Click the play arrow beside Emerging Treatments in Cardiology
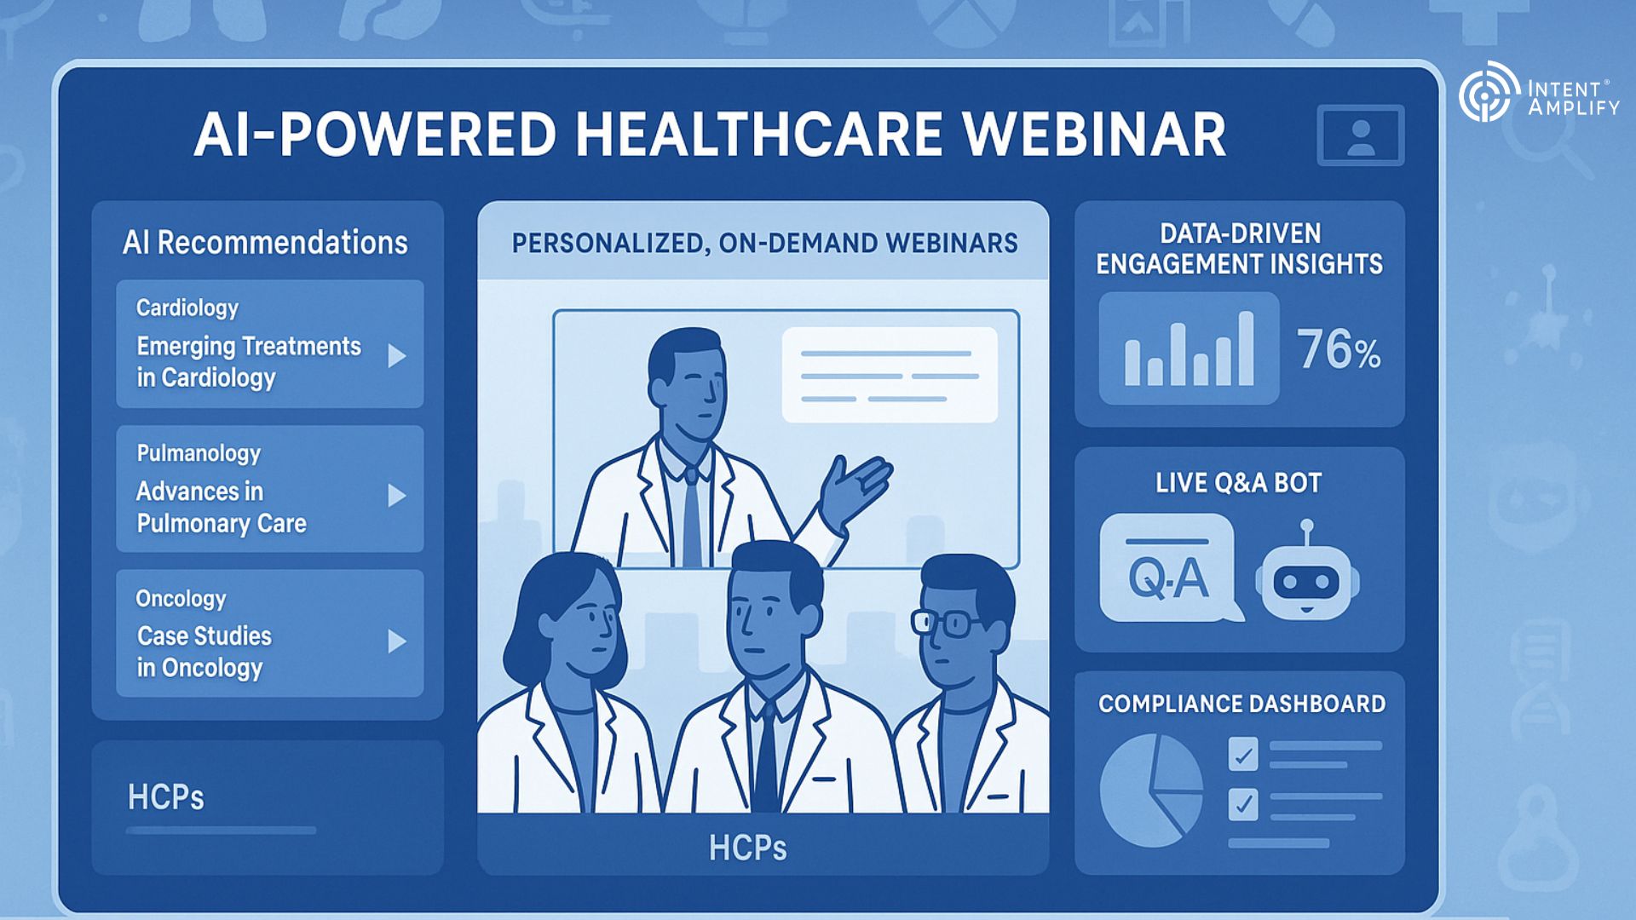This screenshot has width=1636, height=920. [x=396, y=356]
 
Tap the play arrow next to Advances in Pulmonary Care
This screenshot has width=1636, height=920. [x=396, y=496]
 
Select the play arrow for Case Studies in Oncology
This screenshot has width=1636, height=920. [x=396, y=641]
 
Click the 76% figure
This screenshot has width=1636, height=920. [x=1339, y=350]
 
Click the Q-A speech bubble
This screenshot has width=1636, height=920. [x=1169, y=567]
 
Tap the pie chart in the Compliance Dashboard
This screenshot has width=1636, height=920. [x=1150, y=791]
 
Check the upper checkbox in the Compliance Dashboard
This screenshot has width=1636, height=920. [x=1243, y=754]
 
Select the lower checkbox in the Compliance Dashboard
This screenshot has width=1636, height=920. [x=1243, y=804]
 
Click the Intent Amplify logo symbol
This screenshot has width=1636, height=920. [x=1489, y=91]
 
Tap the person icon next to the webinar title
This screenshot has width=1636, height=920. [x=1361, y=135]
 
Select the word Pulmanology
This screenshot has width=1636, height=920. [x=199, y=453]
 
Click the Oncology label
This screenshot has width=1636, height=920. [x=181, y=599]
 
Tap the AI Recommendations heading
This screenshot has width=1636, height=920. [x=265, y=243]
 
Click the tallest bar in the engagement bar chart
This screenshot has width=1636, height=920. [x=1246, y=348]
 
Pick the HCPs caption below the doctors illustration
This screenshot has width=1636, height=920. [x=747, y=848]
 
